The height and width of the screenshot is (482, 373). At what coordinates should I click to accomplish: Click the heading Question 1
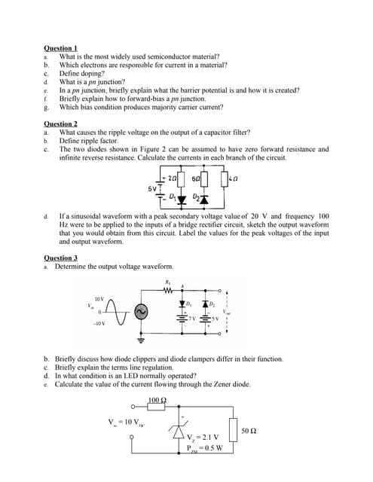coord(61,49)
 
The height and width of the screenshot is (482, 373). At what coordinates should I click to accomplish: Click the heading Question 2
coord(61,124)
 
